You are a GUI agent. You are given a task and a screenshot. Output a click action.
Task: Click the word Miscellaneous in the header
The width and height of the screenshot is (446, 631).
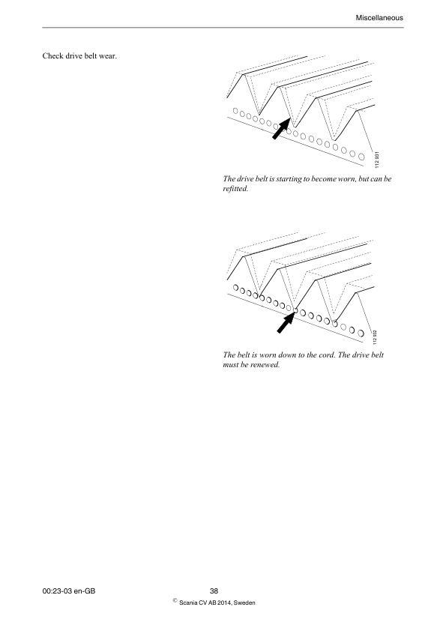click(382, 16)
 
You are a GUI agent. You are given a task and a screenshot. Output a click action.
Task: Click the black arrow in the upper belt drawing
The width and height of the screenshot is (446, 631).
click(280, 129)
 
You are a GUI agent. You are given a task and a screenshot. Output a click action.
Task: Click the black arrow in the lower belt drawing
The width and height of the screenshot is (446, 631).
click(285, 323)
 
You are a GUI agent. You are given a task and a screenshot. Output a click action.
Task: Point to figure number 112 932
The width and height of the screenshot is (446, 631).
click(376, 333)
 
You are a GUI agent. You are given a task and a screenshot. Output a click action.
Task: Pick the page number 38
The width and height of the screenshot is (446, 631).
click(214, 591)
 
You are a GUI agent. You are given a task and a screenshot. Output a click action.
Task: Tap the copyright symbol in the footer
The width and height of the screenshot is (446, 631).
click(175, 600)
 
